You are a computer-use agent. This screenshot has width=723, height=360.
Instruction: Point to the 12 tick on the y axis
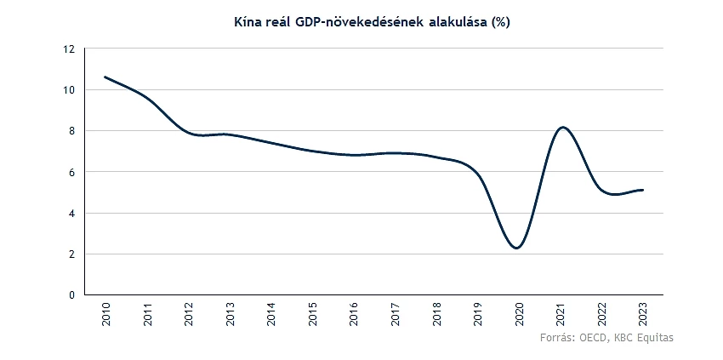pyautogui.click(x=70, y=49)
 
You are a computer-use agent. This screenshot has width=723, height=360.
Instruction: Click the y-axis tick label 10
pyautogui.click(x=70, y=90)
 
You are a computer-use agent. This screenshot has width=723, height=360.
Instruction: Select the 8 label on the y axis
pyautogui.click(x=72, y=131)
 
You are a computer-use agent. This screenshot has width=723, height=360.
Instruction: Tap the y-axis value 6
pyautogui.click(x=72, y=172)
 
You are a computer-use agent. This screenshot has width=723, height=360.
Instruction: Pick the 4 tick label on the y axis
pyautogui.click(x=72, y=213)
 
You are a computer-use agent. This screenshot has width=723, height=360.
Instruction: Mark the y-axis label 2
pyautogui.click(x=72, y=254)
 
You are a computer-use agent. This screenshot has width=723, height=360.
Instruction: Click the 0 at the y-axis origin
pyautogui.click(x=72, y=294)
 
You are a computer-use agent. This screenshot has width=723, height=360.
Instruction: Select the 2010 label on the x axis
pyautogui.click(x=105, y=316)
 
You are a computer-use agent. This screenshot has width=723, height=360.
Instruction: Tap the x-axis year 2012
pyautogui.click(x=188, y=316)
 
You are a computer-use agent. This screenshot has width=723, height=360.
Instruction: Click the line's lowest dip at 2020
pyautogui.click(x=517, y=248)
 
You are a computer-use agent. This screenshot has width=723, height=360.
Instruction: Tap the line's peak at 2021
pyautogui.click(x=562, y=128)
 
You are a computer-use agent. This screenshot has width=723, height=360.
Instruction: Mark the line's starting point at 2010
pyautogui.click(x=105, y=77)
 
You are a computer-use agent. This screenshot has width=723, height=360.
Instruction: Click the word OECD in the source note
pyautogui.click(x=592, y=339)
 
